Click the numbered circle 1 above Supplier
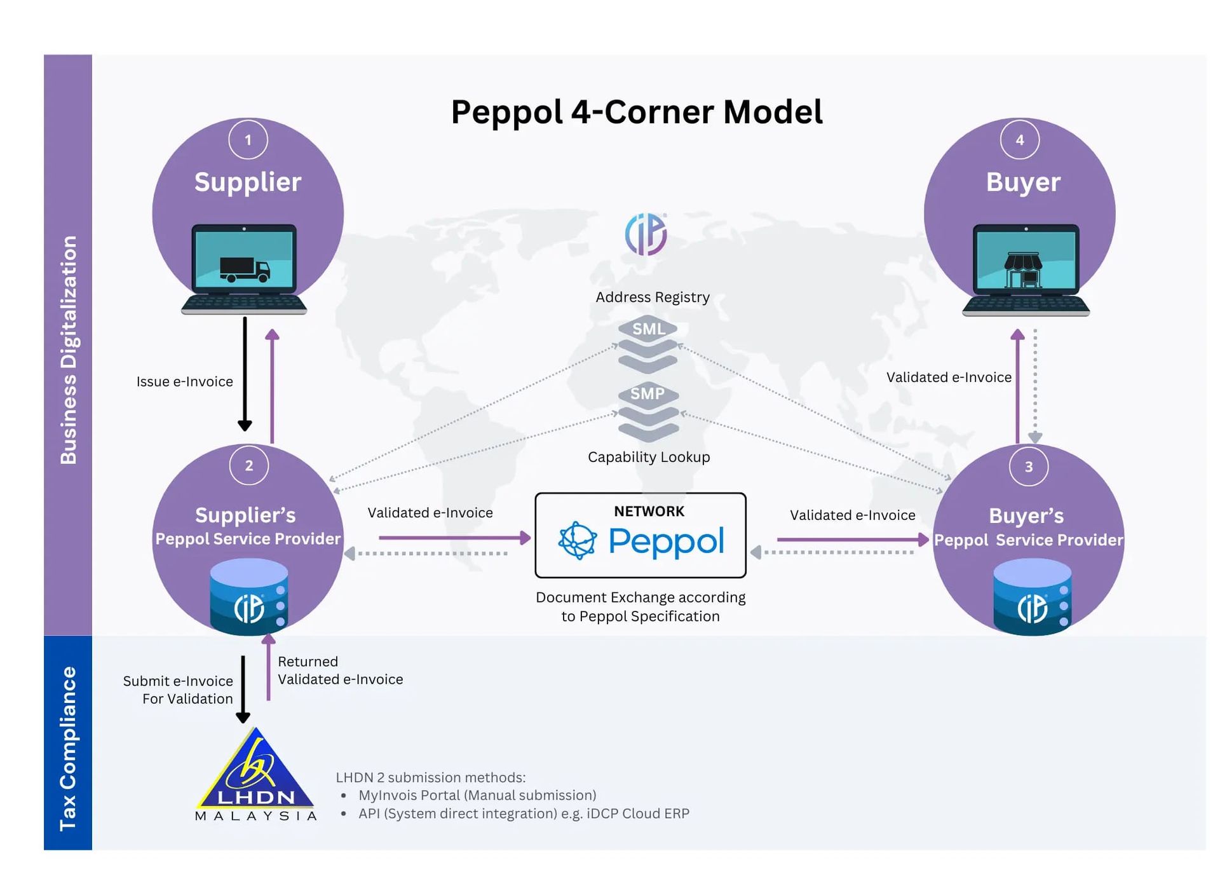248,140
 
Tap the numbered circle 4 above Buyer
1019,140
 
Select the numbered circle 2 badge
249,466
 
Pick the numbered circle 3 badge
1028,467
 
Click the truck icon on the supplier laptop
245,269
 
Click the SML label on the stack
648,329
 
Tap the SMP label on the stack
647,394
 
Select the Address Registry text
653,297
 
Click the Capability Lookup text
649,457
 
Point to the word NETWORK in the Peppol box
649,512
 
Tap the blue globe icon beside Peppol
577,541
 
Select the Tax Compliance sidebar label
68,748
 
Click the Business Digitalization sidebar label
68,350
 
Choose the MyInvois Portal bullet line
477,796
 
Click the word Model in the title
773,112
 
